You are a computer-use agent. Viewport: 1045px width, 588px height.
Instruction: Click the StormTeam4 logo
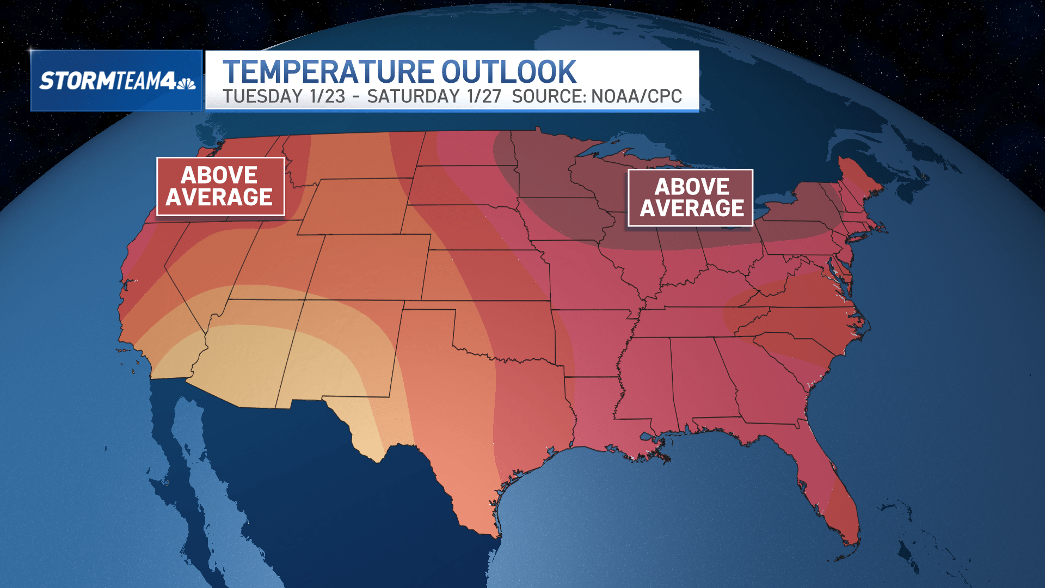(x=116, y=81)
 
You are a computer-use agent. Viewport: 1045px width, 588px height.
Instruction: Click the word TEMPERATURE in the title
(x=328, y=72)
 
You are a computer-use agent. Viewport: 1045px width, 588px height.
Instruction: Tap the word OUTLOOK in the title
(x=508, y=72)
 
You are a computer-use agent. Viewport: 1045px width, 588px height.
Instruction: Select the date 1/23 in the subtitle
(x=327, y=96)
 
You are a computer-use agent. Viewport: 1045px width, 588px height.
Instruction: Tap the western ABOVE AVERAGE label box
(x=220, y=186)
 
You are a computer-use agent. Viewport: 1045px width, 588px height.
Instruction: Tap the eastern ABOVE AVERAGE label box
(x=690, y=198)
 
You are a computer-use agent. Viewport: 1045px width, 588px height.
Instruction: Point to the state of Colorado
(x=370, y=267)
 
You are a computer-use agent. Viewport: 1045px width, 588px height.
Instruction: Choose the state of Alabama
(x=699, y=381)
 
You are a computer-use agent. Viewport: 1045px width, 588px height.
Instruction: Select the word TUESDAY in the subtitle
(x=262, y=96)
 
